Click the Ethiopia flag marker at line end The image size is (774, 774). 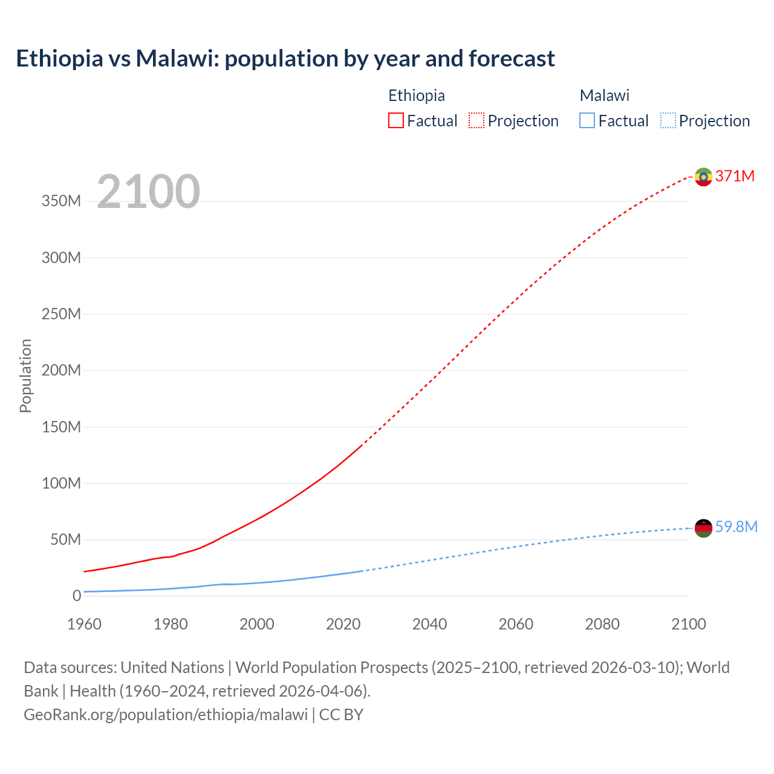coord(703,177)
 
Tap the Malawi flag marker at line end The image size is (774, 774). coord(703,528)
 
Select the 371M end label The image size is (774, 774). coord(735,176)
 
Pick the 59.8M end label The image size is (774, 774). coord(736,527)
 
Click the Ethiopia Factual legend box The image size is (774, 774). coord(395,121)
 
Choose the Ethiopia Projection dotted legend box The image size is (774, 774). coord(476,121)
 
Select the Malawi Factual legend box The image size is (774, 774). coord(587,121)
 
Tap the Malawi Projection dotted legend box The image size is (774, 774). coord(668,121)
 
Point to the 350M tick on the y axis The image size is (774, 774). coord(61,201)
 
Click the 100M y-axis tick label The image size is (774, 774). coord(61,483)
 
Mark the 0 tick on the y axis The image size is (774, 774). coord(76,596)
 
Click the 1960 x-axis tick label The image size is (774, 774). coord(84,624)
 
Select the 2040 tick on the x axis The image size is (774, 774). coord(429,624)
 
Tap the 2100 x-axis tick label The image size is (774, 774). coord(688,624)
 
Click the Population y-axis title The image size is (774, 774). coord(25,376)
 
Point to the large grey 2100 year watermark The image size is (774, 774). coord(148,192)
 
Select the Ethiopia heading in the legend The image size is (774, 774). coord(416,96)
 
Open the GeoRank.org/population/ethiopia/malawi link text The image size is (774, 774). coord(166,714)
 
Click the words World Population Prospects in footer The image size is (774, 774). coord(331,667)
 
